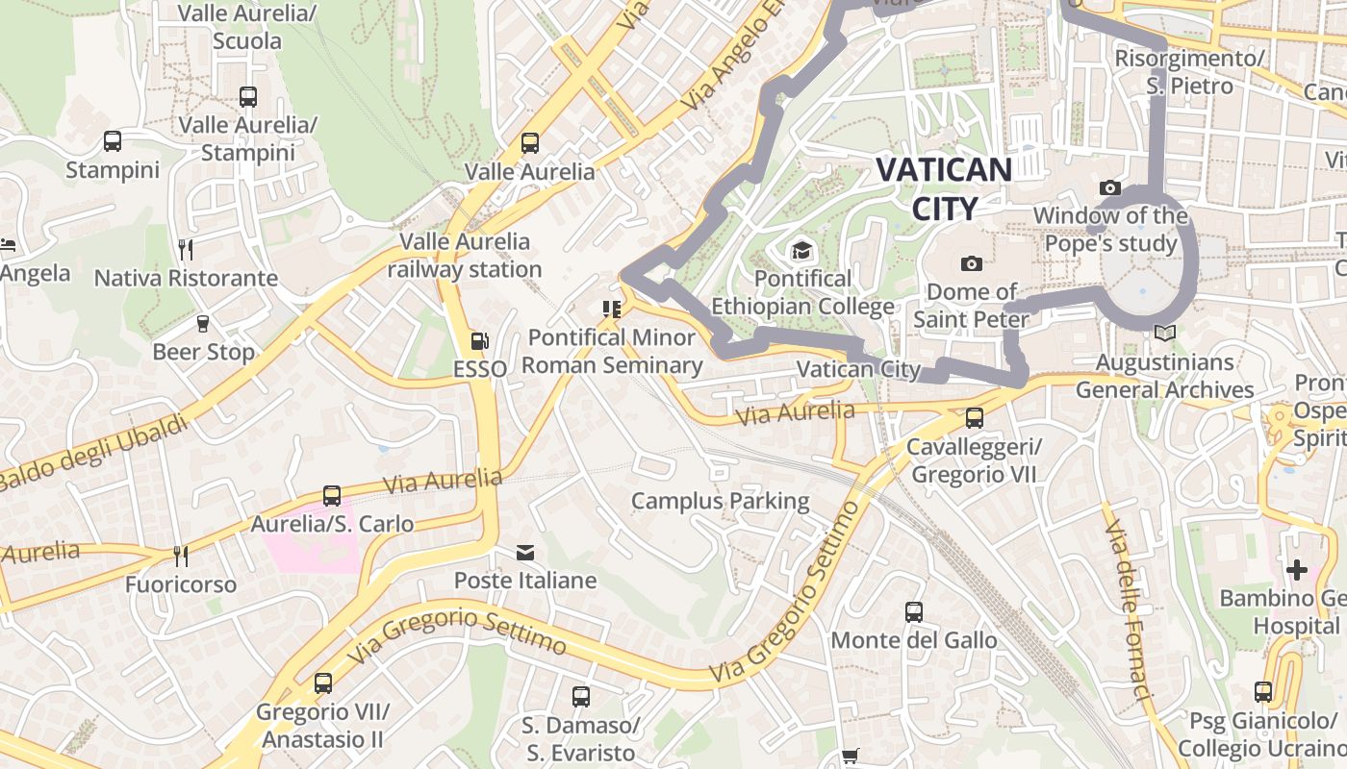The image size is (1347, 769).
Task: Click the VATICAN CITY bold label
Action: point(944,188)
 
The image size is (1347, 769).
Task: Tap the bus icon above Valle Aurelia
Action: point(529,143)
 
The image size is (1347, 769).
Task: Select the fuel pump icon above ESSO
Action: point(478,341)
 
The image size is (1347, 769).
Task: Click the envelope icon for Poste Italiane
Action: point(525,553)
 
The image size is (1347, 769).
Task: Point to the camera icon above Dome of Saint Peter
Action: point(971,263)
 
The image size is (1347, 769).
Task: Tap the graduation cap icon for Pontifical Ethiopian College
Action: point(801,251)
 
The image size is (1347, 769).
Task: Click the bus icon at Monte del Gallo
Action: point(913,611)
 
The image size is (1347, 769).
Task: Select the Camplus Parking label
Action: point(720,501)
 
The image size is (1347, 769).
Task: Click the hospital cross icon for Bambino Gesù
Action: point(1296,570)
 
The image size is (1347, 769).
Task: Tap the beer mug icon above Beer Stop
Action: point(203,324)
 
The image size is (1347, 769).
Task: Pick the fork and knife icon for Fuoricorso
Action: point(180,556)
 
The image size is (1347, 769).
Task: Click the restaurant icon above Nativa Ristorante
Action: point(186,250)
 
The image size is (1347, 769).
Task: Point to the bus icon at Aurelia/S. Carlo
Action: point(332,496)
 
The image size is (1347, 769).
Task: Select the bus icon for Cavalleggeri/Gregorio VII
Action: point(974,418)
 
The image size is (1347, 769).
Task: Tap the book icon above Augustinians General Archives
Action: point(1164,334)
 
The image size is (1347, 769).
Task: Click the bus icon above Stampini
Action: point(113,141)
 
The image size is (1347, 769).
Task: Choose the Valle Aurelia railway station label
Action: point(465,255)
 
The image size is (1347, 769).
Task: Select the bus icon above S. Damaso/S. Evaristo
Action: point(580,697)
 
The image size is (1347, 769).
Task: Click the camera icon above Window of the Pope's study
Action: point(1109,187)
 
